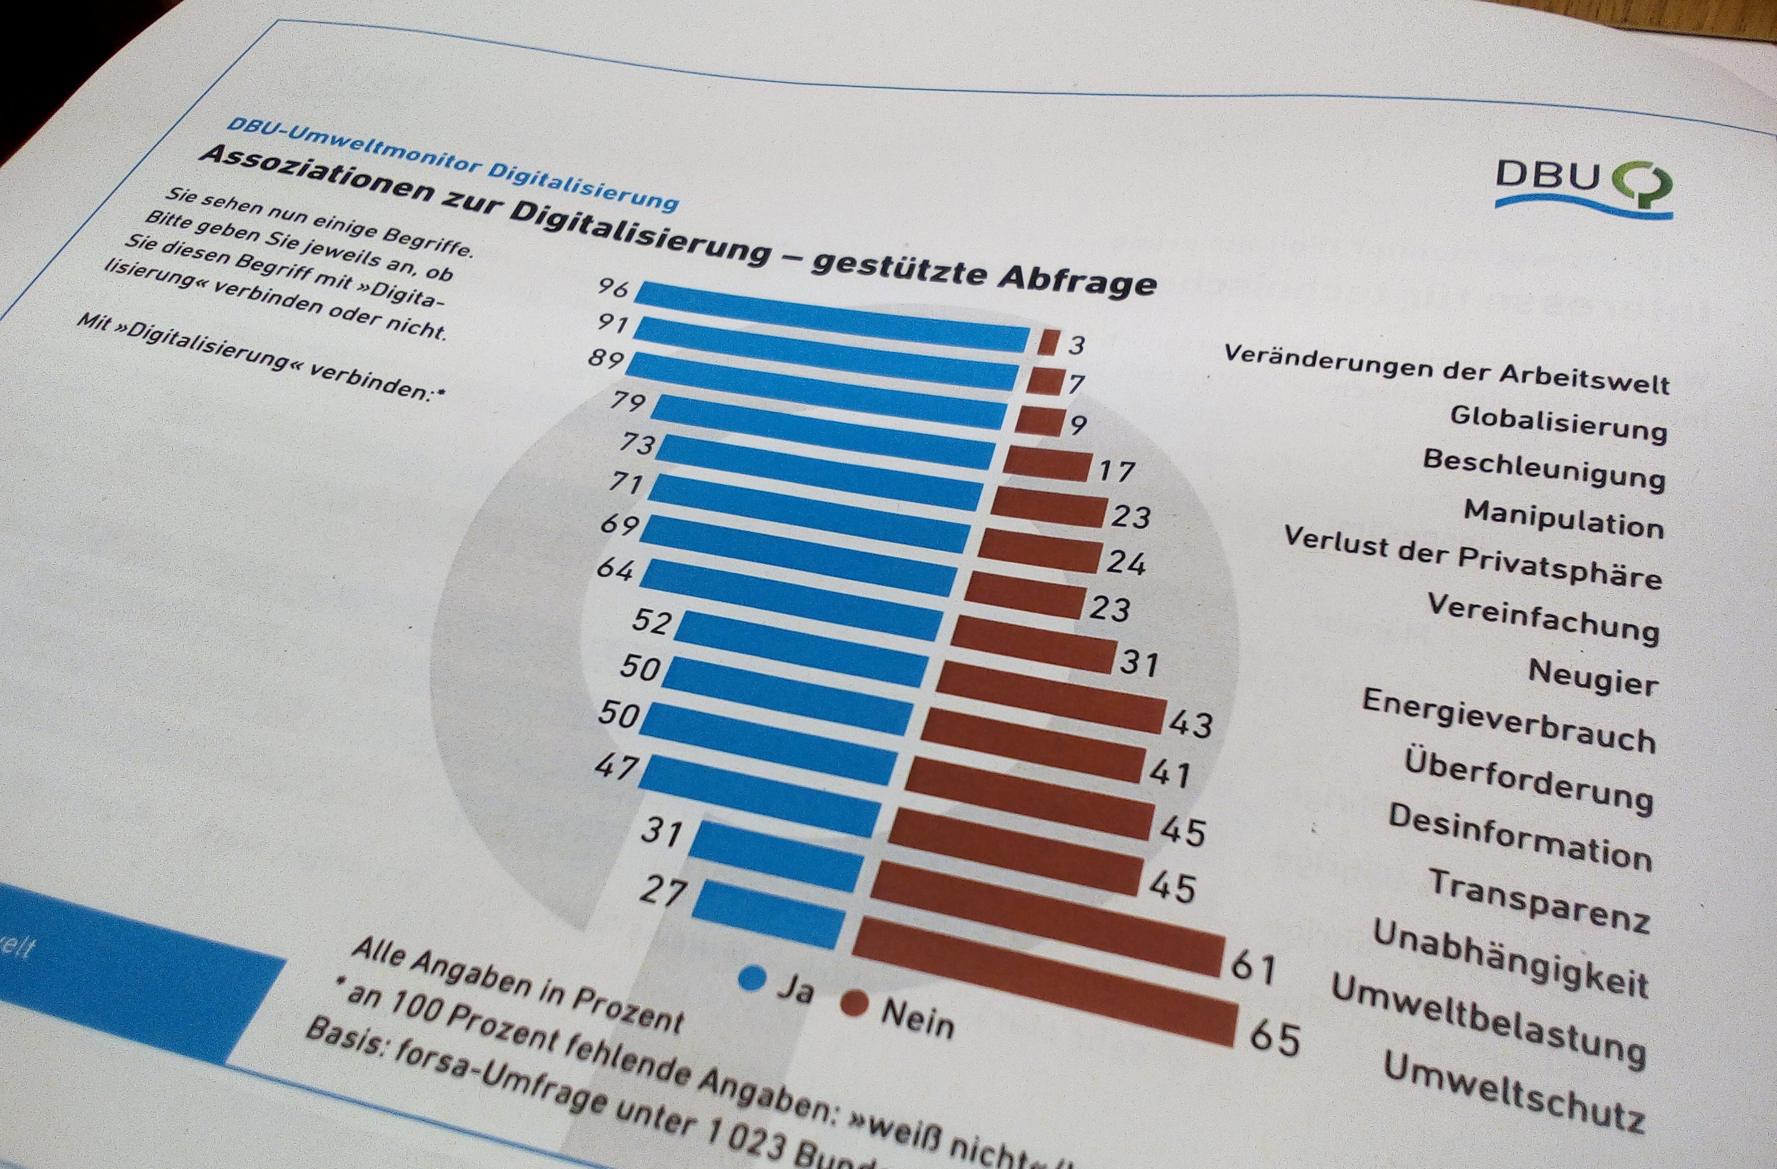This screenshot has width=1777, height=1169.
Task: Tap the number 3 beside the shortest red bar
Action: (x=1076, y=346)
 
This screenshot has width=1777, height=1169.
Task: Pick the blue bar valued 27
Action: (x=769, y=914)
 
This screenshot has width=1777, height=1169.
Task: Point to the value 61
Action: (x=1253, y=967)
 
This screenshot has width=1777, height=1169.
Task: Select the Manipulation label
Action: (x=1564, y=518)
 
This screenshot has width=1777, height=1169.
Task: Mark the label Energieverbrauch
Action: (x=1508, y=721)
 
